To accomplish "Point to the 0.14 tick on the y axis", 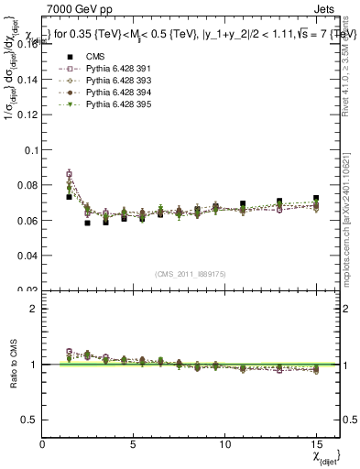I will [28, 80].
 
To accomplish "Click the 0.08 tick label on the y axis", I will [28, 185].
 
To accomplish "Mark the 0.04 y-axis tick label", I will [28, 256].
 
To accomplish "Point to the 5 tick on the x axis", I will [134, 442].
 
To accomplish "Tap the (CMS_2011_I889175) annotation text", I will [190, 274].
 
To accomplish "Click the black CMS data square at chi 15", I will [316, 198].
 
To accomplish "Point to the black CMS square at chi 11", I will [243, 203].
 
